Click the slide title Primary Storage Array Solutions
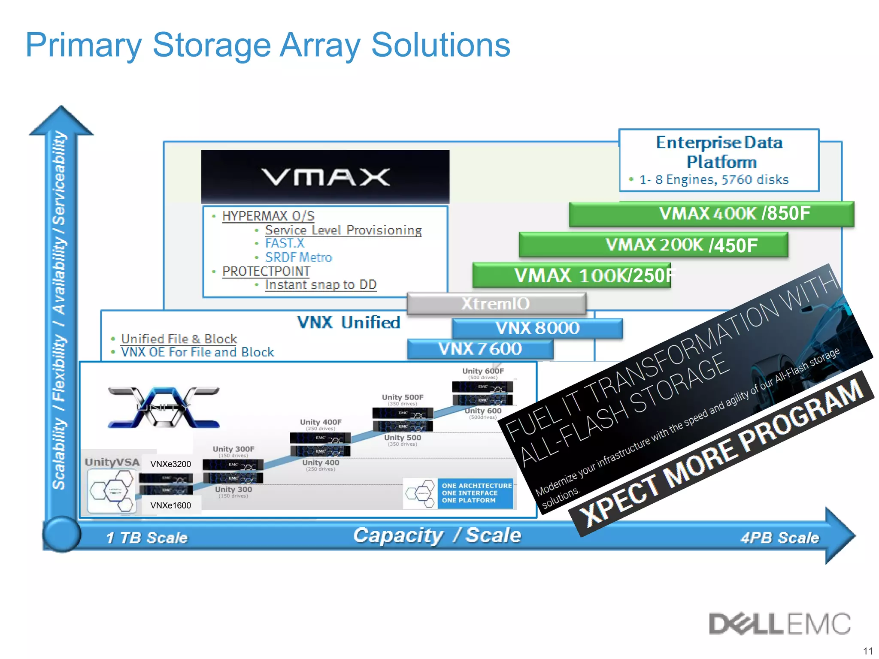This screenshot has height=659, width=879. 268,45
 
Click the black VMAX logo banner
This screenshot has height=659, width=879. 325,176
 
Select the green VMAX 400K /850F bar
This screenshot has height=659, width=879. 711,214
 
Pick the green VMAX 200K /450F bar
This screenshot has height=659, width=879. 653,245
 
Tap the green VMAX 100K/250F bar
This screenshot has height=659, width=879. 571,275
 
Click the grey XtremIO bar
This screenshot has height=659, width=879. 496,304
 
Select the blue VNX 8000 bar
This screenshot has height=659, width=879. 537,328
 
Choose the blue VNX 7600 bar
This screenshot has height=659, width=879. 480,349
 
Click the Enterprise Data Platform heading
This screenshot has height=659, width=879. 719,152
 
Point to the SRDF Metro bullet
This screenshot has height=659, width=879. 298,257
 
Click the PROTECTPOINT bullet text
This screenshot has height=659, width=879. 266,272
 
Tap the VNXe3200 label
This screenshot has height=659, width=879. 170,464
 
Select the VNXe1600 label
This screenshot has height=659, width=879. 170,505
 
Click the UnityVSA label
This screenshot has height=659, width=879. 112,462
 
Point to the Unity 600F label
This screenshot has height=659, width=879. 483,371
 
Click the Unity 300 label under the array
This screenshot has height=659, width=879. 233,490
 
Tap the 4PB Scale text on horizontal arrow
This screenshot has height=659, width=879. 779,538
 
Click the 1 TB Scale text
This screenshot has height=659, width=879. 147,538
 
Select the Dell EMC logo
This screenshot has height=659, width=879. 779,624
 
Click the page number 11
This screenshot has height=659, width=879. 868,651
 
